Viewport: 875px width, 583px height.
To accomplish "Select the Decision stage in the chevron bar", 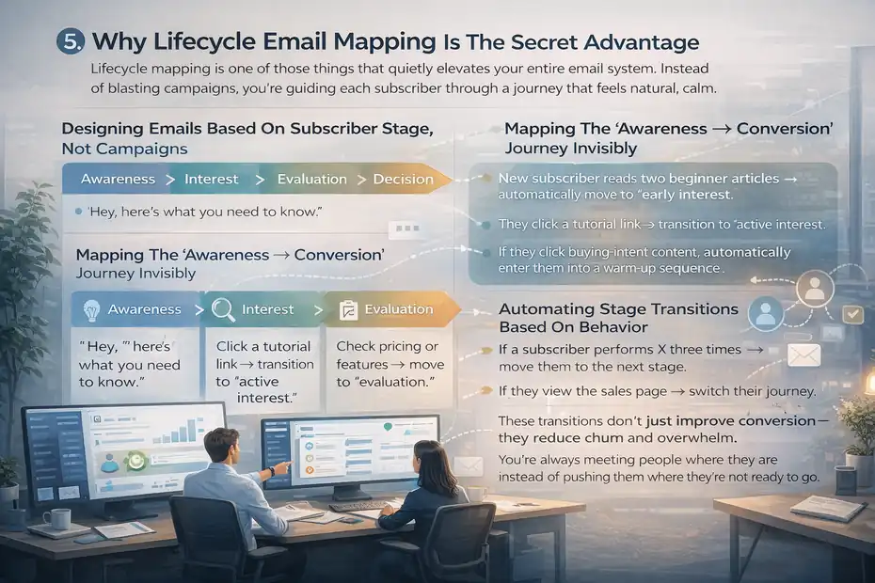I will tap(403, 179).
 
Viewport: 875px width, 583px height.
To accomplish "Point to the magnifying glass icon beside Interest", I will tap(223, 309).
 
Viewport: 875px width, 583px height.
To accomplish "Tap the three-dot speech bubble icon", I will tap(407, 228).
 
